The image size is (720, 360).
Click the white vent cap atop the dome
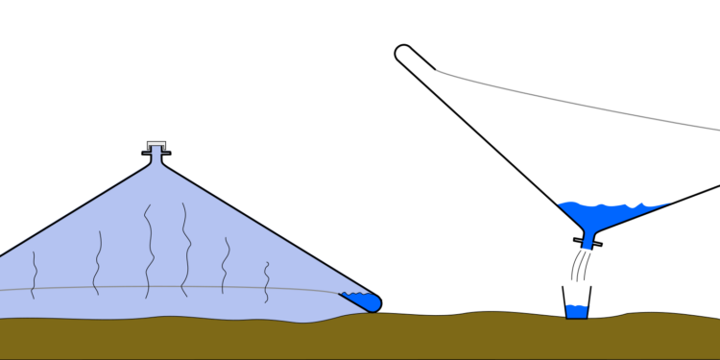tap(156, 146)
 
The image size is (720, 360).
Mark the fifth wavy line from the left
tap(226, 265)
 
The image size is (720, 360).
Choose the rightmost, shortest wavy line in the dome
tap(267, 281)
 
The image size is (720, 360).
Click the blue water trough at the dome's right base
tap(365, 301)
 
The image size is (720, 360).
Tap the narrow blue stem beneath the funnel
tap(588, 241)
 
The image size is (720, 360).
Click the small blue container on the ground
tap(576, 311)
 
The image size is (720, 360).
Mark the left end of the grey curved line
tap(438, 70)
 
